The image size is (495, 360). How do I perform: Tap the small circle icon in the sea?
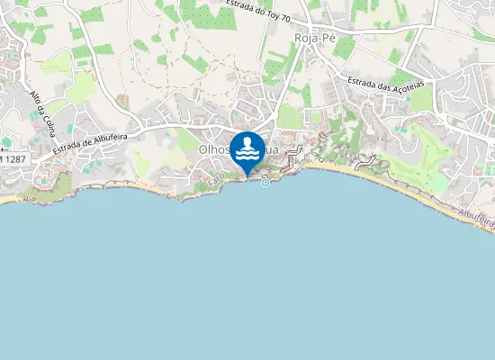click(265, 183)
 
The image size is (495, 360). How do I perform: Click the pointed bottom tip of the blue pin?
click(247, 176)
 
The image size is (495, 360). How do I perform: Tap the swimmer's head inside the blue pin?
click(247, 141)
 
